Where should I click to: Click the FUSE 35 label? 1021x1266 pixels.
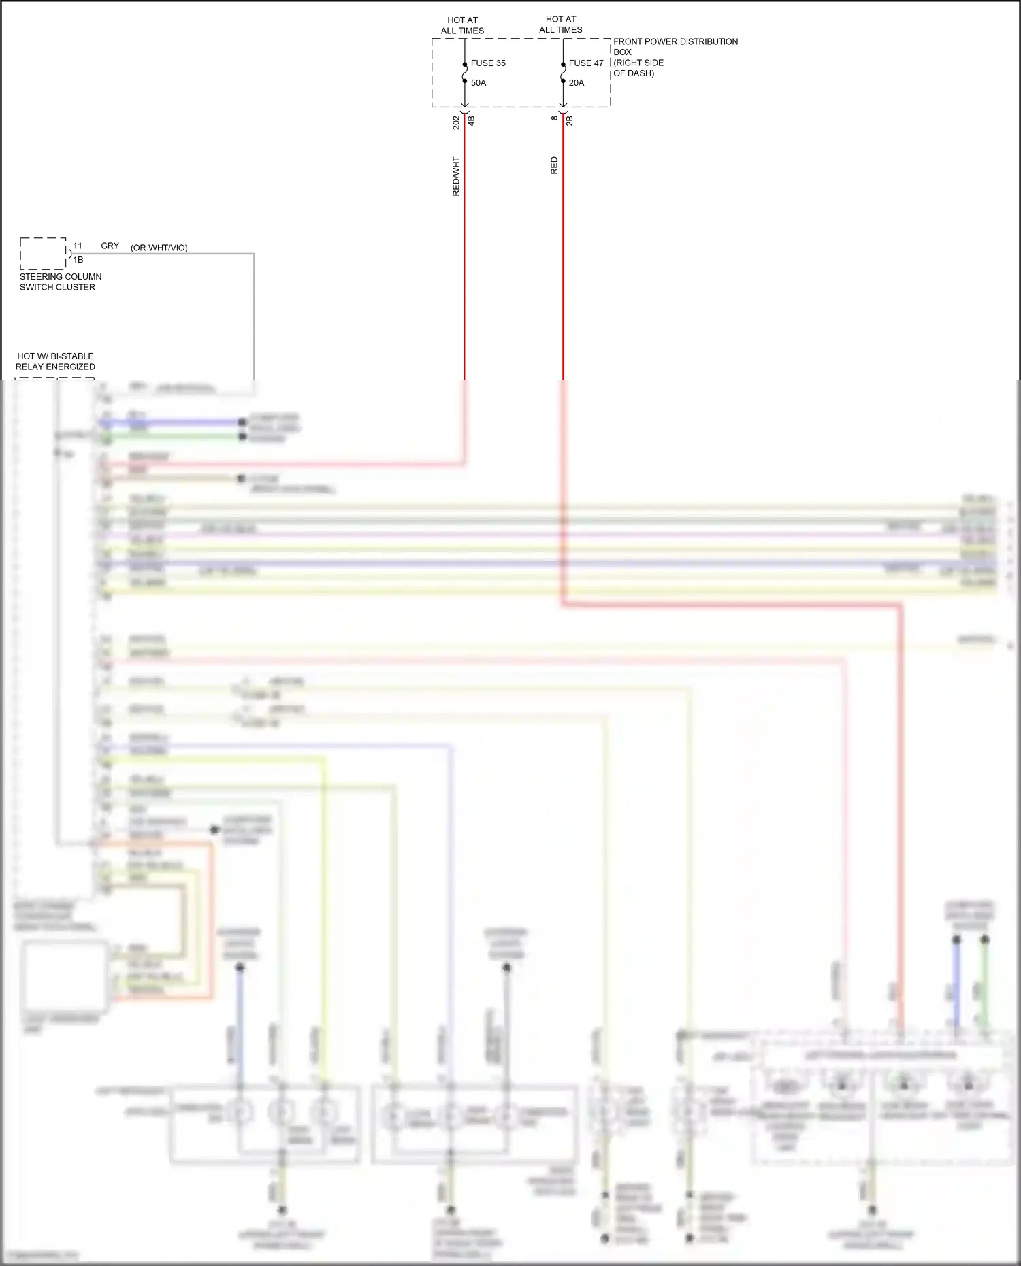[x=488, y=63]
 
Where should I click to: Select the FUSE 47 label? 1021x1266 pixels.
[x=586, y=63]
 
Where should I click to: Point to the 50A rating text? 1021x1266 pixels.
[x=479, y=83]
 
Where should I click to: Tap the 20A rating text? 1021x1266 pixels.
[x=577, y=83]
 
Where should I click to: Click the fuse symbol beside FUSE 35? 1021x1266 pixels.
[x=465, y=73]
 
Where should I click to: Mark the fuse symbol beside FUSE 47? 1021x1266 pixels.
[x=563, y=73]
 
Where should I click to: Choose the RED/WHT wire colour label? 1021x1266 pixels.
[x=456, y=177]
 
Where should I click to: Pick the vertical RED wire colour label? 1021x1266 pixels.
[x=554, y=166]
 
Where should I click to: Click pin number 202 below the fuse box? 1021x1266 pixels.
[x=456, y=122]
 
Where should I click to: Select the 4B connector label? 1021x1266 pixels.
[x=471, y=120]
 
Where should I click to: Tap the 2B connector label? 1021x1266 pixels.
[x=570, y=120]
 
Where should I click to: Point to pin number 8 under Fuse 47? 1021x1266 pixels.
[x=555, y=118]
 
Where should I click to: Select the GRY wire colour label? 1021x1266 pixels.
[x=110, y=246]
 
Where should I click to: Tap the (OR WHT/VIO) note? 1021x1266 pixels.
[x=159, y=248]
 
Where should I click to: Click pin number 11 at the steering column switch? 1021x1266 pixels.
[x=78, y=246]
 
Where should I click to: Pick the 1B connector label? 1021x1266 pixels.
[x=78, y=260]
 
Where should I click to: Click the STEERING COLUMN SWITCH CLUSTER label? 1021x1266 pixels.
[x=61, y=282]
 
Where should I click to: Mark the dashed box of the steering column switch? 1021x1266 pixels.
[x=43, y=253]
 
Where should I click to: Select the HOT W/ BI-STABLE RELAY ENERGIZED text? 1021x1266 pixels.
[x=55, y=361]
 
